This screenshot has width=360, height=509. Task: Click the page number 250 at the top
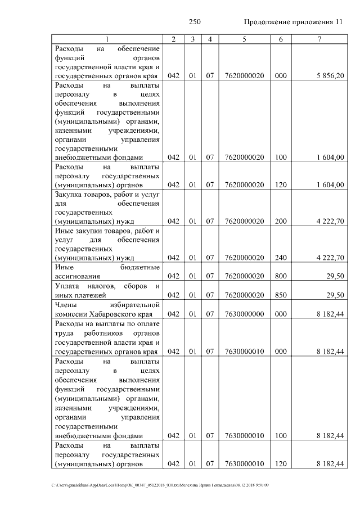pyautogui.click(x=195, y=22)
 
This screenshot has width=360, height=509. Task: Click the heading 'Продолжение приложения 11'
pyautogui.click(x=293, y=22)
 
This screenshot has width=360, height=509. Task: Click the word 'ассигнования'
pyautogui.click(x=78, y=276)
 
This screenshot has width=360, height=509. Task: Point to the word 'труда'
pyautogui.click(x=63, y=332)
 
